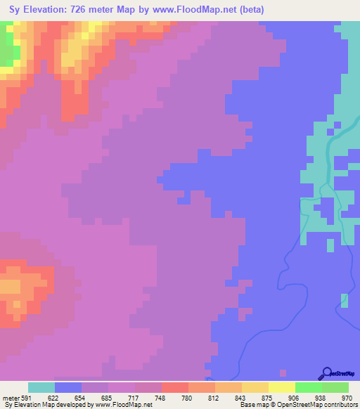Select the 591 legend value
(x=27, y=398)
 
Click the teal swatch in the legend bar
(x=41, y=387)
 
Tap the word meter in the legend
(x=10, y=398)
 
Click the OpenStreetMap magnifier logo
(x=326, y=374)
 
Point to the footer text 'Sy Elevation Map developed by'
(x=49, y=405)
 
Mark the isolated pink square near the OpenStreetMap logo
(x=283, y=372)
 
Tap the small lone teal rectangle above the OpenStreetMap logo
(x=344, y=301)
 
